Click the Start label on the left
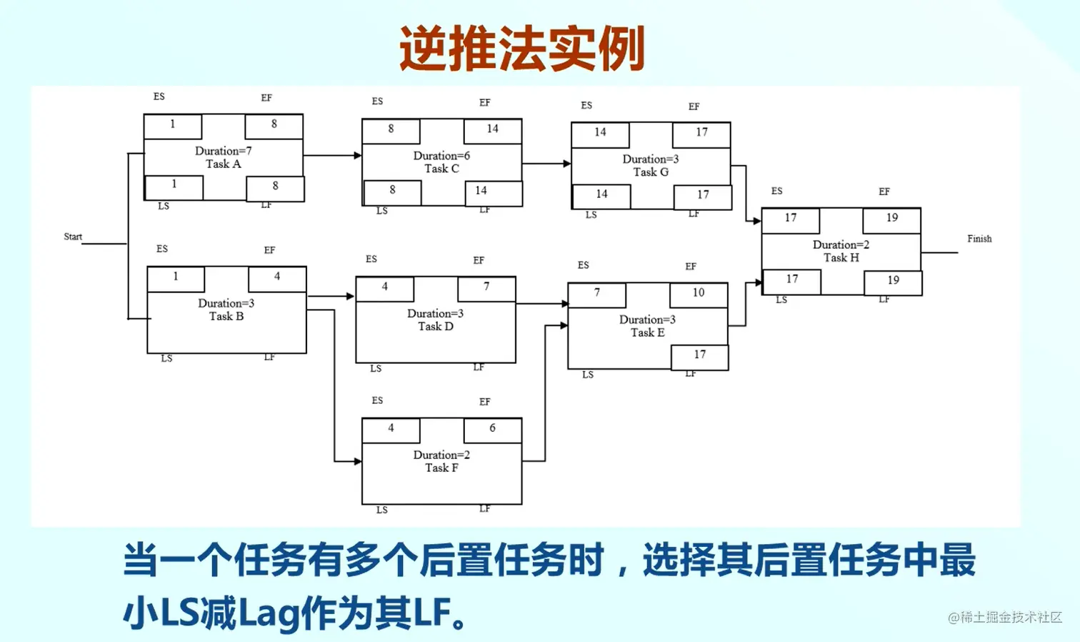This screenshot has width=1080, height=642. pyautogui.click(x=73, y=237)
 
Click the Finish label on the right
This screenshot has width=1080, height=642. pyautogui.click(x=979, y=239)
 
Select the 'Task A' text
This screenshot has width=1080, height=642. pyautogui.click(x=224, y=164)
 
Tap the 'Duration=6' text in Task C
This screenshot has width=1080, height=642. pyautogui.click(x=441, y=156)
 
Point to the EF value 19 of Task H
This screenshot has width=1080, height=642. pyautogui.click(x=892, y=218)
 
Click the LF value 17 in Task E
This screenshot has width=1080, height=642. pyautogui.click(x=700, y=355)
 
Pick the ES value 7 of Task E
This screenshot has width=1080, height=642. pyautogui.click(x=597, y=292)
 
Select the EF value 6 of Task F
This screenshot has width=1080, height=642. pyautogui.click(x=492, y=428)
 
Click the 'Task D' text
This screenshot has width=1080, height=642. pyautogui.click(x=436, y=327)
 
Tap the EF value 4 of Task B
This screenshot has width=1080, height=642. pyautogui.click(x=277, y=277)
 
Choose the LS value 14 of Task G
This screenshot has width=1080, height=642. pyautogui.click(x=601, y=194)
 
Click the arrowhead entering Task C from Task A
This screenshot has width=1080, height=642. pyautogui.click(x=358, y=155)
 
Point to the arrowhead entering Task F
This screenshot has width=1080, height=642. pyautogui.click(x=358, y=461)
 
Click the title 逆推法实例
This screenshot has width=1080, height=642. pyautogui.click(x=522, y=49)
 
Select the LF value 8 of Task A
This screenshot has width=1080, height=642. pyautogui.click(x=275, y=186)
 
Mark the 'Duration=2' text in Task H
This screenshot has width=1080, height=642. pyautogui.click(x=841, y=245)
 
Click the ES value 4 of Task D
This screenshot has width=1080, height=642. pyautogui.click(x=385, y=287)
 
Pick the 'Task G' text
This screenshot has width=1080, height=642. pyautogui.click(x=651, y=172)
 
